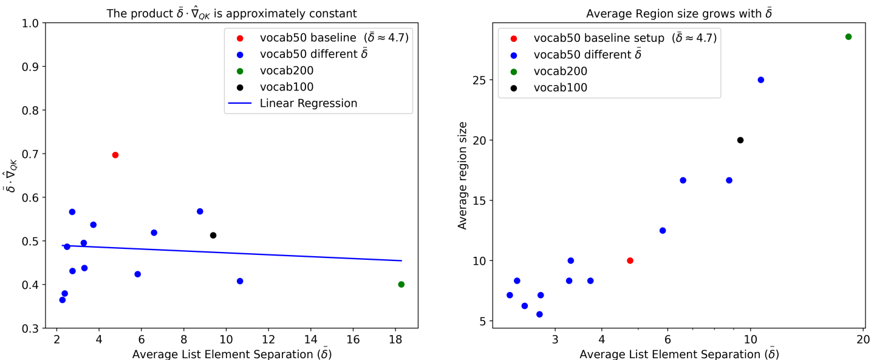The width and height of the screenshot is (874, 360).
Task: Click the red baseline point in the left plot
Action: (115, 155)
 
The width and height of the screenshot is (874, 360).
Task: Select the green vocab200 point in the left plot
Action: (401, 284)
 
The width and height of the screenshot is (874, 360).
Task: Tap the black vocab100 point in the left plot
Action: (213, 235)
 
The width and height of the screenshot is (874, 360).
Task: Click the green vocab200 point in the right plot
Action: (848, 36)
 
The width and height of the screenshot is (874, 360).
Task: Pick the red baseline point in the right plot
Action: (630, 260)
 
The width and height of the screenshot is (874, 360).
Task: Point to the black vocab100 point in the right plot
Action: (740, 140)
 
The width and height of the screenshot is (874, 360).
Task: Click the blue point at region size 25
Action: (760, 80)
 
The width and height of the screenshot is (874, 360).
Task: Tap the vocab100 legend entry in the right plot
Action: (561, 87)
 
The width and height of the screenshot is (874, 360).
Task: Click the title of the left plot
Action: (231, 12)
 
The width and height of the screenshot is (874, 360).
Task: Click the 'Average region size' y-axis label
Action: (462, 175)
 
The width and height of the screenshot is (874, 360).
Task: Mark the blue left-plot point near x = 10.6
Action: (240, 281)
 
